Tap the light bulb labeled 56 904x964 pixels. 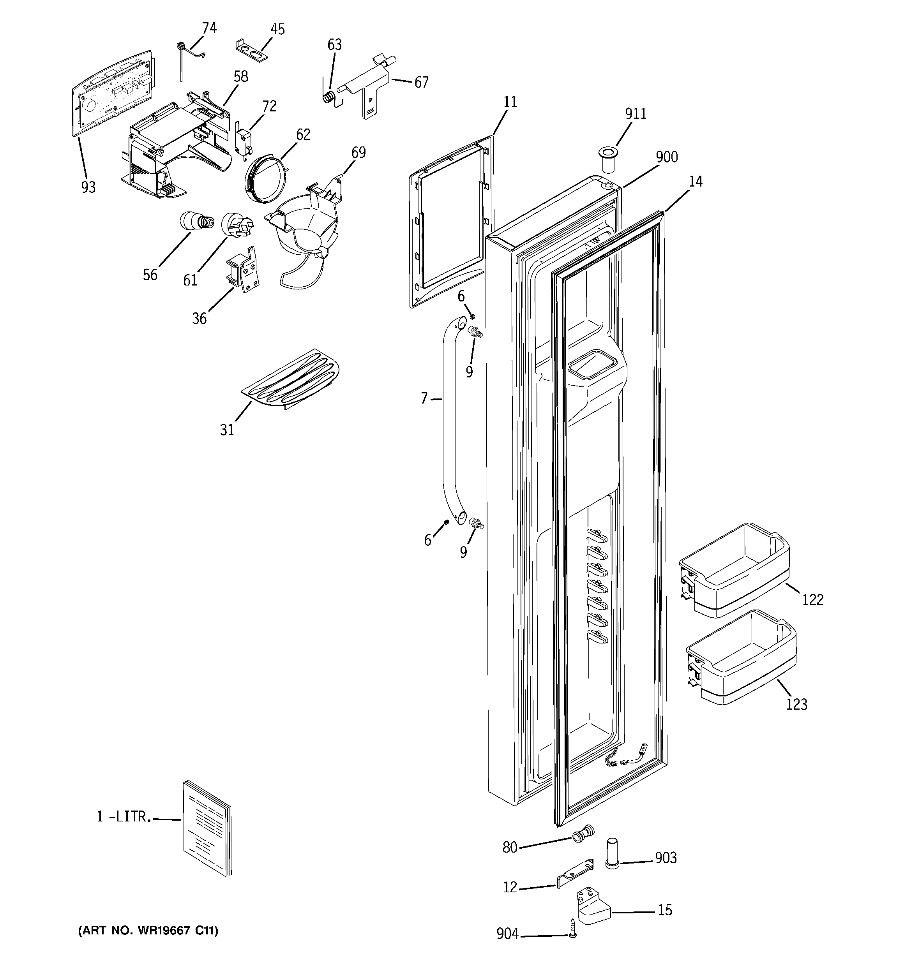(196, 222)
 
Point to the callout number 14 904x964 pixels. (696, 182)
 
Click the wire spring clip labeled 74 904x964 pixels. (186, 53)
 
